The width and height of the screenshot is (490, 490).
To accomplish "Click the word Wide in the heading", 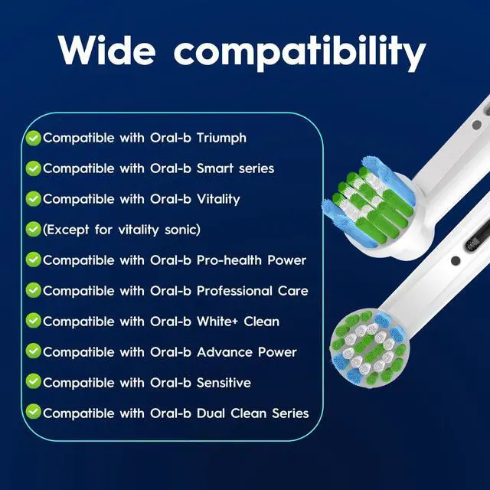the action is pyautogui.click(x=106, y=50).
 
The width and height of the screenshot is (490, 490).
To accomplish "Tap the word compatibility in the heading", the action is pyautogui.click(x=299, y=53).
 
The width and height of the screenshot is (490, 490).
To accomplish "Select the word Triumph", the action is pyautogui.click(x=221, y=138).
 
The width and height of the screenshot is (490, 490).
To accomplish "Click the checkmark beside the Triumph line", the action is pyautogui.click(x=34, y=138).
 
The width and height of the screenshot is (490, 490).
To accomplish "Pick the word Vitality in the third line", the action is pyautogui.click(x=218, y=199).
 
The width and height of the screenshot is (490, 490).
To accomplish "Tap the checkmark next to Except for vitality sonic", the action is pyautogui.click(x=34, y=230).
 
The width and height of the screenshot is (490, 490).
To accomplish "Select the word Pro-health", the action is pyautogui.click(x=229, y=260).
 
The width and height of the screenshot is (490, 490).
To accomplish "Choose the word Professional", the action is pyautogui.click(x=234, y=291).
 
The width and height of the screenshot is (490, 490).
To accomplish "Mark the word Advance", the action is pyautogui.click(x=224, y=352).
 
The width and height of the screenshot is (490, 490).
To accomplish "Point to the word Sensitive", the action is pyautogui.click(x=224, y=383).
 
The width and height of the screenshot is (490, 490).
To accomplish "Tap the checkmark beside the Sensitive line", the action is pyautogui.click(x=34, y=381).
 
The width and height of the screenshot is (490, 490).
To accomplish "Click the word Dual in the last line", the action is pyautogui.click(x=211, y=413).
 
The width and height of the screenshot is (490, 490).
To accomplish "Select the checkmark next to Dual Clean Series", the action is pyautogui.click(x=34, y=412).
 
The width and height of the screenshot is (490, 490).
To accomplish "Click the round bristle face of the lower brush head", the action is pyautogui.click(x=370, y=348).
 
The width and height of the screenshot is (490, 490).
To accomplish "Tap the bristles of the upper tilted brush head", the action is pyautogui.click(x=369, y=201).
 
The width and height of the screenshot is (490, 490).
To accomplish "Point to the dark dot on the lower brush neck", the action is pyautogui.click(x=456, y=260).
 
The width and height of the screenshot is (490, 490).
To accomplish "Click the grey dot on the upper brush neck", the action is pyautogui.click(x=476, y=125).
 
